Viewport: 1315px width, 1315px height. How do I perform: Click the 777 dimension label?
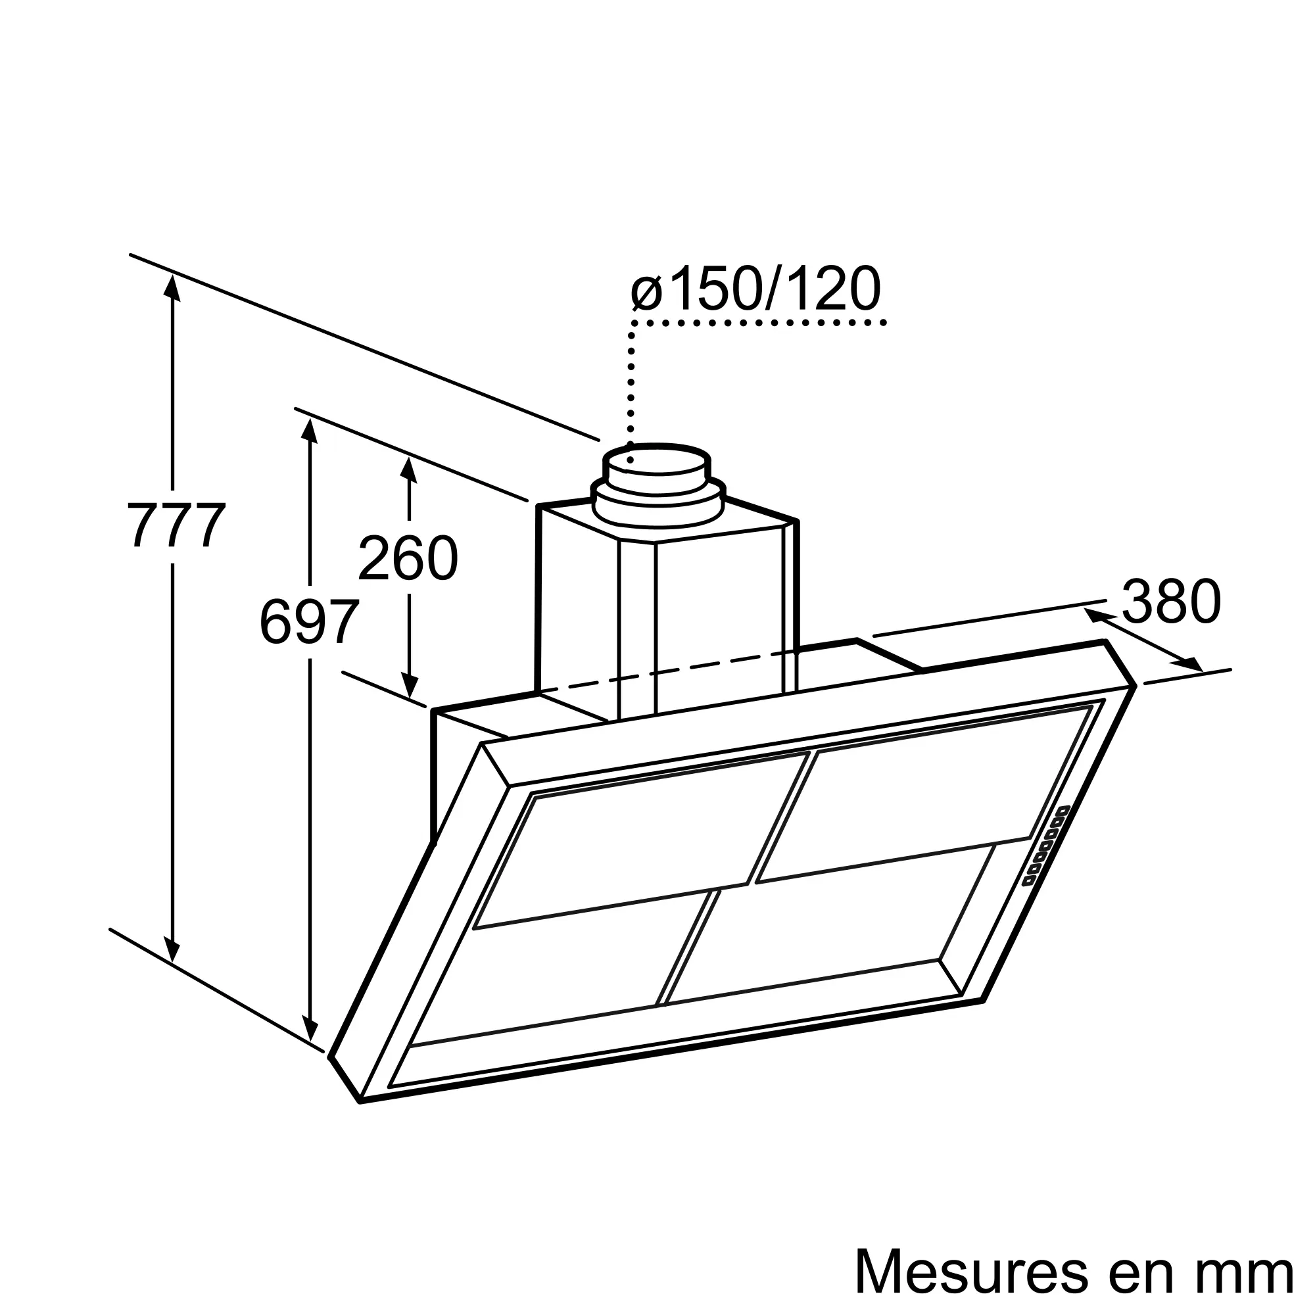coord(176,524)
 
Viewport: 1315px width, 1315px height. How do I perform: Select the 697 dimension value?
coord(309,621)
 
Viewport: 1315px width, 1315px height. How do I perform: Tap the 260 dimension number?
coord(408,558)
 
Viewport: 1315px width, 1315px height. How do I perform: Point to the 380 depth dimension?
coord(1172,601)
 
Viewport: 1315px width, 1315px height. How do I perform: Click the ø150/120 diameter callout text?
coord(755,289)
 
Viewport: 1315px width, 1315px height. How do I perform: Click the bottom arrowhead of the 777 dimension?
coord(172,948)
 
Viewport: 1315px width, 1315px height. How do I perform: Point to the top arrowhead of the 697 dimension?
coord(310,431)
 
